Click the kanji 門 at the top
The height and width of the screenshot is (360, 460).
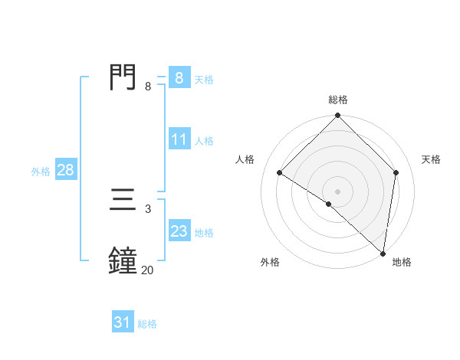coord(123,77)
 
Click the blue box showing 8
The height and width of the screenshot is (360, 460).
coord(179,77)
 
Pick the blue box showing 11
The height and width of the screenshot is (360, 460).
coord(179,139)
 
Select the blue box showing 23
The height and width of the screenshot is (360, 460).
coord(179,231)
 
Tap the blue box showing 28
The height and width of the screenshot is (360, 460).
coord(65,170)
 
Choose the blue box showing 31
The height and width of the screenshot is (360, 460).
coord(122,323)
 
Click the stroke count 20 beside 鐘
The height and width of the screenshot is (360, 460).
coord(147,270)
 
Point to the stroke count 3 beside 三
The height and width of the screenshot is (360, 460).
coord(147,208)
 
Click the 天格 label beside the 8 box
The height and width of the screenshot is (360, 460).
coord(204,79)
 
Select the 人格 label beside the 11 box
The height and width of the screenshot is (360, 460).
coord(204,141)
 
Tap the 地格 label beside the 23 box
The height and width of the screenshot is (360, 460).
coord(204,233)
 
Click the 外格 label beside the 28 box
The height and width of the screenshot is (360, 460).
coord(41,172)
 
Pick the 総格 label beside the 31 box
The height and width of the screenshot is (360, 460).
coord(147,325)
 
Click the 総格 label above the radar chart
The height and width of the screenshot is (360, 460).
coord(337,100)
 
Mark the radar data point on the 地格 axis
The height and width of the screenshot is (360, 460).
coord(383,253)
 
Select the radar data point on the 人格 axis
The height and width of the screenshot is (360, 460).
coord(280,172)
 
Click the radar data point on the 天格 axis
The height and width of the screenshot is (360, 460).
coord(396,172)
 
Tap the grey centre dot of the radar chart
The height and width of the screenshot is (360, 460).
coord(337,191)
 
